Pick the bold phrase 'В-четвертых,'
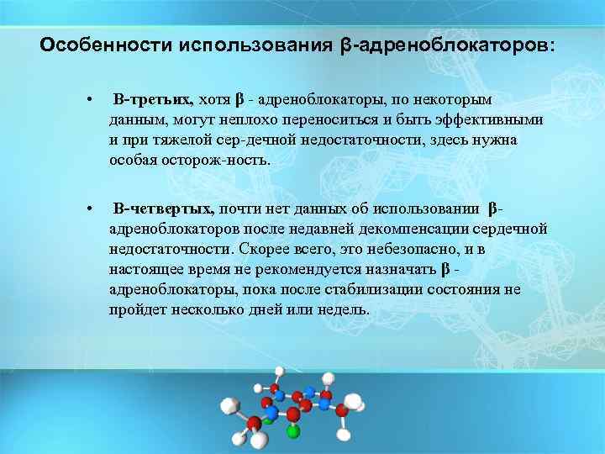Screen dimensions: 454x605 click(x=165, y=209)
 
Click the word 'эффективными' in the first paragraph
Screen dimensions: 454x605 click(x=495, y=120)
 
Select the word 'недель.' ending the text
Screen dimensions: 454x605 click(x=345, y=309)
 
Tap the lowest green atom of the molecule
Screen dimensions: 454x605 click(x=292, y=433)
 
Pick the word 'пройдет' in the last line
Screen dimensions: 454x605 click(x=133, y=309)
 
